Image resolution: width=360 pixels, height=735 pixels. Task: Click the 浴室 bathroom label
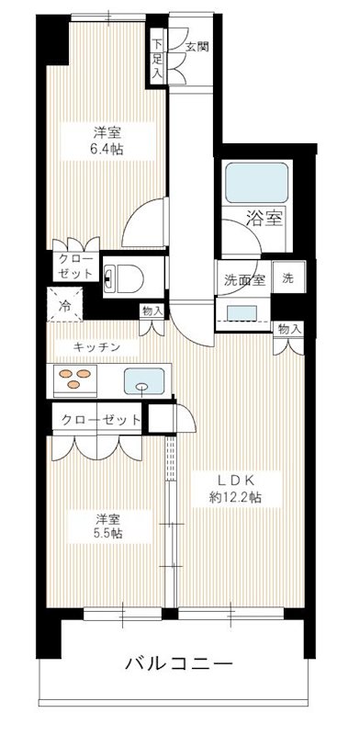(265, 218)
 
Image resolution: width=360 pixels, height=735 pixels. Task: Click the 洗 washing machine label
(288, 277)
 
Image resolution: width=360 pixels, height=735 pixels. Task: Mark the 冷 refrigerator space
(67, 306)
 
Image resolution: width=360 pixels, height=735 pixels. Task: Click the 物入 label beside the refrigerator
(152, 311)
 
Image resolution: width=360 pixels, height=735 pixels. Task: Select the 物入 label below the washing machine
(288, 328)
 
